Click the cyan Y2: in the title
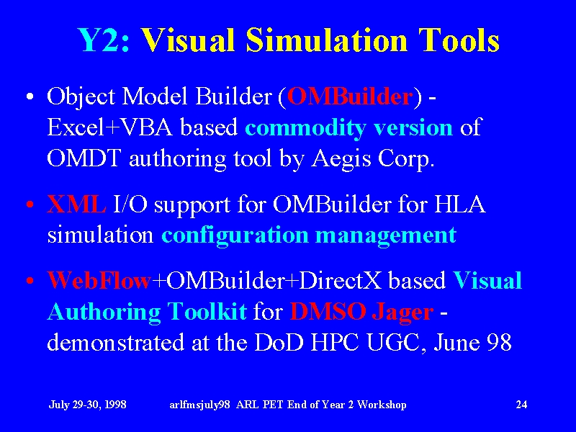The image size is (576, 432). pyautogui.click(x=104, y=40)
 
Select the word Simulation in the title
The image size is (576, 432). pyautogui.click(x=327, y=40)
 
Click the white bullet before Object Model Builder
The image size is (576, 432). pyautogui.click(x=30, y=97)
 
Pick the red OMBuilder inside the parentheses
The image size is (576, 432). pyautogui.click(x=350, y=96)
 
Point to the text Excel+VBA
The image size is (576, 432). pyautogui.click(x=110, y=128)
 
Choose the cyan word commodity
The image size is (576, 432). pyautogui.click(x=305, y=129)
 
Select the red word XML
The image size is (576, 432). pyautogui.click(x=76, y=204)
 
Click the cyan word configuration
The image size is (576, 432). pyautogui.click(x=235, y=235)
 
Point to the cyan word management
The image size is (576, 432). pyautogui.click(x=386, y=236)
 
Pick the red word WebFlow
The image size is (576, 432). pyautogui.click(x=99, y=280)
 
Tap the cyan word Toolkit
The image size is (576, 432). pyautogui.click(x=207, y=311)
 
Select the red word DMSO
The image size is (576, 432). pyautogui.click(x=328, y=311)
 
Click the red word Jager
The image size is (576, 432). pyautogui.click(x=402, y=312)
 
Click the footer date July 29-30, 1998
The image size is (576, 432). pyautogui.click(x=87, y=405)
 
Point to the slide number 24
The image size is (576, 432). pyautogui.click(x=521, y=404)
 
